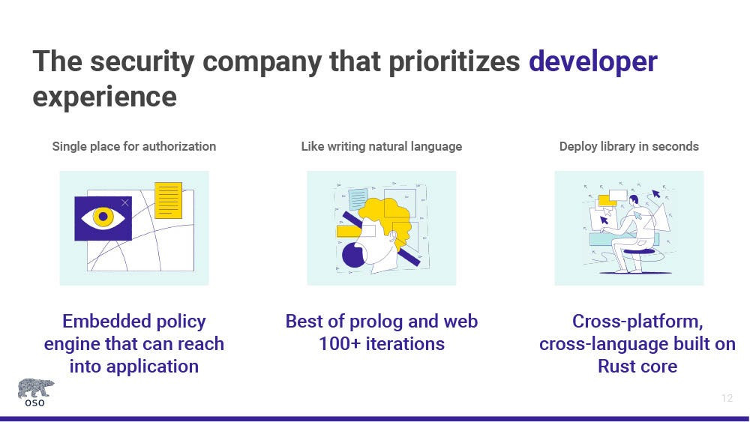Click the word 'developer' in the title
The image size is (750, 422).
click(593, 62)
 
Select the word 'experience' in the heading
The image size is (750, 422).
click(105, 97)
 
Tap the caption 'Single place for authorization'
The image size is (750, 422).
click(134, 146)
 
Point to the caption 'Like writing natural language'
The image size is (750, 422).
click(382, 146)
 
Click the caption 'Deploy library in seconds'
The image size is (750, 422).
click(629, 146)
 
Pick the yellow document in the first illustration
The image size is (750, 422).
click(168, 200)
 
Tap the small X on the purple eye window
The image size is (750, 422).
click(124, 202)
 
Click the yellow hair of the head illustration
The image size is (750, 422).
click(388, 216)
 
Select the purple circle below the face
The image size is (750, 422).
click(355, 255)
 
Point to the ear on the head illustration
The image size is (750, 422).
click(392, 237)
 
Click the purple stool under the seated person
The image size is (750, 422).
click(638, 251)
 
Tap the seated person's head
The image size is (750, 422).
click(634, 200)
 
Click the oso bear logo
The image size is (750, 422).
click(36, 392)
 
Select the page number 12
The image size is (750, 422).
click(727, 398)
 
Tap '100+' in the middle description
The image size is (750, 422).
click(340, 344)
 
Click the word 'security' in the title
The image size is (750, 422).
click(142, 62)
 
